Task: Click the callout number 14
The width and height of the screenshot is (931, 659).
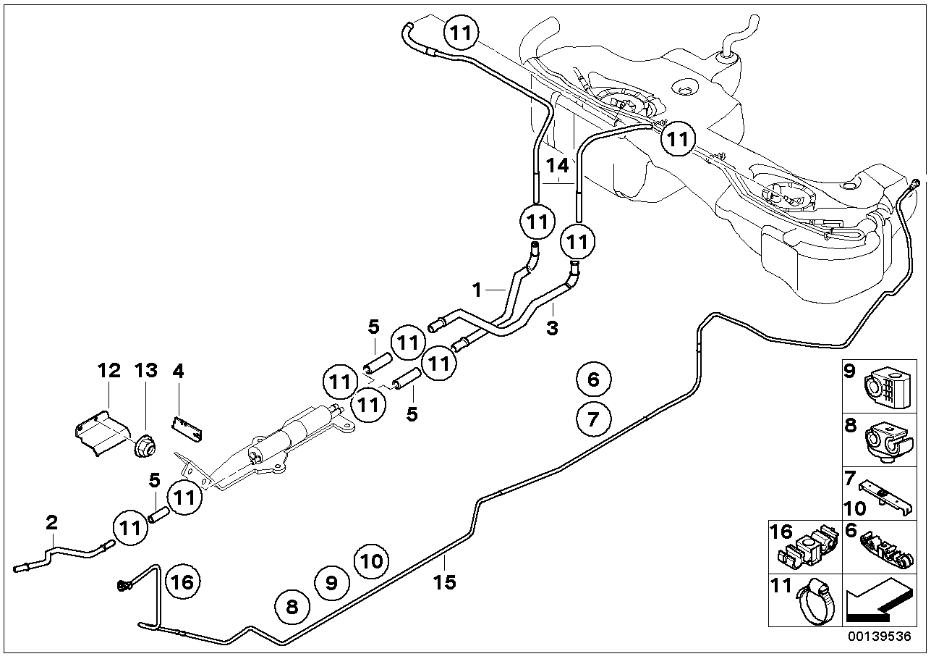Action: click(x=557, y=166)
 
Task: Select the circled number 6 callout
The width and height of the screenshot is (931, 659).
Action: click(x=593, y=379)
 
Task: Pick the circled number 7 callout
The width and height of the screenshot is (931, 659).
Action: click(x=593, y=419)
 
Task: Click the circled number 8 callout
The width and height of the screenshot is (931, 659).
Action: click(x=292, y=607)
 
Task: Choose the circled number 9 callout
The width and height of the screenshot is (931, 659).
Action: click(x=332, y=583)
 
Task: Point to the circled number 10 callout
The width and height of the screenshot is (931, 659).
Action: click(x=371, y=560)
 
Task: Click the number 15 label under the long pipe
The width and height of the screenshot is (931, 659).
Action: click(x=445, y=582)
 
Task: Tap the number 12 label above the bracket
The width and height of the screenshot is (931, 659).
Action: click(x=109, y=372)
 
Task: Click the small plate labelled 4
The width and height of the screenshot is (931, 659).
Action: click(x=187, y=426)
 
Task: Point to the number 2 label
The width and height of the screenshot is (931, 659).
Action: click(x=51, y=521)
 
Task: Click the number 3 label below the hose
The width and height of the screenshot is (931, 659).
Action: click(x=552, y=328)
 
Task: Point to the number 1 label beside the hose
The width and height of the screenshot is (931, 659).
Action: click(x=477, y=290)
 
